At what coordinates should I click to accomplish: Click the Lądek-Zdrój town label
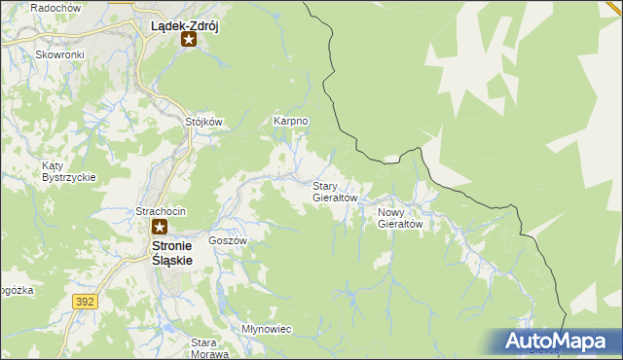185,26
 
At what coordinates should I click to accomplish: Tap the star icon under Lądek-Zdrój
189,41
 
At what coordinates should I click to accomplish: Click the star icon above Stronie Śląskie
160,228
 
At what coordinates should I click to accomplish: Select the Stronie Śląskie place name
173,254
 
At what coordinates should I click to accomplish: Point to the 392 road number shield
85,303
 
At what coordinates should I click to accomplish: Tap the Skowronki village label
59,54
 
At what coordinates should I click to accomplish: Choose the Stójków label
204,123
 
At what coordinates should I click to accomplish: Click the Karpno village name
291,122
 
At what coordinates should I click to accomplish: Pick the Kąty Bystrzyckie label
68,171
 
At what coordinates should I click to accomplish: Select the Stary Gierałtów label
335,191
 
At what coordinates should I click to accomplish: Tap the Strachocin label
160,211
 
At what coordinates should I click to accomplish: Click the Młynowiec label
266,329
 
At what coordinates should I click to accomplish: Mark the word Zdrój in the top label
201,26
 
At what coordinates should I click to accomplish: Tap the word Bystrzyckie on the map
68,177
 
